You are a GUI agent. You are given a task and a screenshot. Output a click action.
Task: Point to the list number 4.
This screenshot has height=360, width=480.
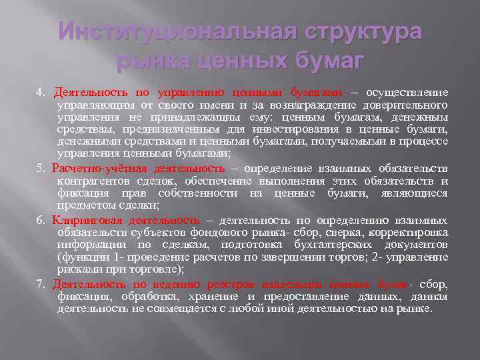point(39,92)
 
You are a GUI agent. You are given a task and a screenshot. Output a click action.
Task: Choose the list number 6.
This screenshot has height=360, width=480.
point(39,221)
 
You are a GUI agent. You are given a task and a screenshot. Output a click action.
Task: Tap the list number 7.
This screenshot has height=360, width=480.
point(39,285)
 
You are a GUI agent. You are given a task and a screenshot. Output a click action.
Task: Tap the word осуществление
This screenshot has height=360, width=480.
point(405,92)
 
